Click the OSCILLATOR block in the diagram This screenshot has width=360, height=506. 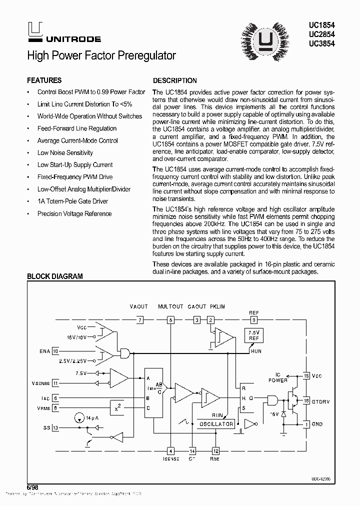216,424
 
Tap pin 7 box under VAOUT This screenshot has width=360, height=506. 140,319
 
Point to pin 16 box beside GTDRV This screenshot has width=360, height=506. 306,400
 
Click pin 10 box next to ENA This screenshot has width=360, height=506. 55,351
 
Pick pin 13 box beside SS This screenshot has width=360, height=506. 55,428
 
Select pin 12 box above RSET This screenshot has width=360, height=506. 215,451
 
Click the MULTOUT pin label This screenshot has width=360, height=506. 170,306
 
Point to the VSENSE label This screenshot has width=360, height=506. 40,383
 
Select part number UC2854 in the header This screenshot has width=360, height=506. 322,34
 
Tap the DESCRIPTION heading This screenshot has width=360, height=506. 174,80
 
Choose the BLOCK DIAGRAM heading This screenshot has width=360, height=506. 54,276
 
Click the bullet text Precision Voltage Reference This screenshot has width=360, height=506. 74,213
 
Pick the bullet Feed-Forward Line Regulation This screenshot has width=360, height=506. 77,128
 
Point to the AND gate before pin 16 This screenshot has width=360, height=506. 272,400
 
